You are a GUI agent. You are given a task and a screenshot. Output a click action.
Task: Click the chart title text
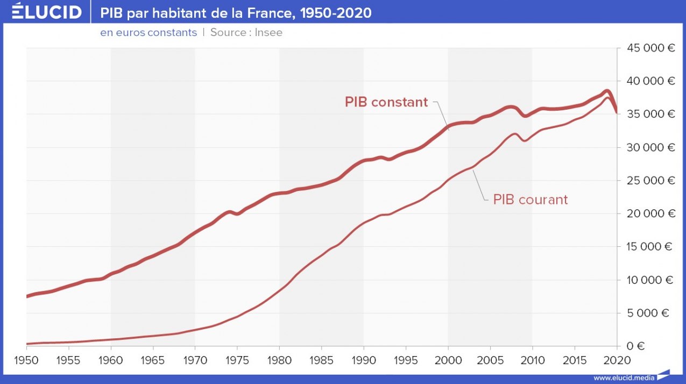pyautogui.click(x=236, y=12)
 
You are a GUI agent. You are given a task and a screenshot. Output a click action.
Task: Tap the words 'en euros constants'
pyautogui.click(x=148, y=33)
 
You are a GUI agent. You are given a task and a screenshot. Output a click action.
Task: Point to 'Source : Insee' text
pyautogui.click(x=246, y=33)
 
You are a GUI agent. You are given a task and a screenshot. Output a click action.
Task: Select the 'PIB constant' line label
pyautogui.click(x=386, y=102)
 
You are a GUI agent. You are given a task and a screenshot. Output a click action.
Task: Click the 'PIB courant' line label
pyautogui.click(x=530, y=200)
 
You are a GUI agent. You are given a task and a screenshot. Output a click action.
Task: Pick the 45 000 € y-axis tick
pyautogui.click(x=651, y=48)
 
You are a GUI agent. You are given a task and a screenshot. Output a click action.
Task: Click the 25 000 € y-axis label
pyautogui.click(x=651, y=181)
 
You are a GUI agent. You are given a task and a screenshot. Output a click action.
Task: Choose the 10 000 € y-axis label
pyautogui.click(x=651, y=280)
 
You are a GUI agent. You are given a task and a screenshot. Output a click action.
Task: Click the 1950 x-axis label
pyautogui.click(x=26, y=360)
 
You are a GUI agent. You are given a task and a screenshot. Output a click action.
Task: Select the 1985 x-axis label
pyautogui.click(x=321, y=360)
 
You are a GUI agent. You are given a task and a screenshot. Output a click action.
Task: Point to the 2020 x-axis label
pyautogui.click(x=616, y=360)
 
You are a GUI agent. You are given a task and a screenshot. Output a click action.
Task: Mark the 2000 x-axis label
pyautogui.click(x=448, y=360)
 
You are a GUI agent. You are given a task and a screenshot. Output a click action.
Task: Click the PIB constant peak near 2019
pyautogui.click(x=606, y=91)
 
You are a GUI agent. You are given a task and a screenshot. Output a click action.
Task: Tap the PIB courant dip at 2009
pyautogui.click(x=525, y=140)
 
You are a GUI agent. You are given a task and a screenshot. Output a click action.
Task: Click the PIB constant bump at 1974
pyautogui.click(x=229, y=212)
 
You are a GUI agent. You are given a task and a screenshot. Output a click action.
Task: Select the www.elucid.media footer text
pyautogui.click(x=624, y=378)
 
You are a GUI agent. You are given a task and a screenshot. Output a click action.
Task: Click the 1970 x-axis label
pyautogui.click(x=195, y=360)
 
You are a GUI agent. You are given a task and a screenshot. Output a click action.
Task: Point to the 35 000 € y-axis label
pyautogui.click(x=651, y=114)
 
